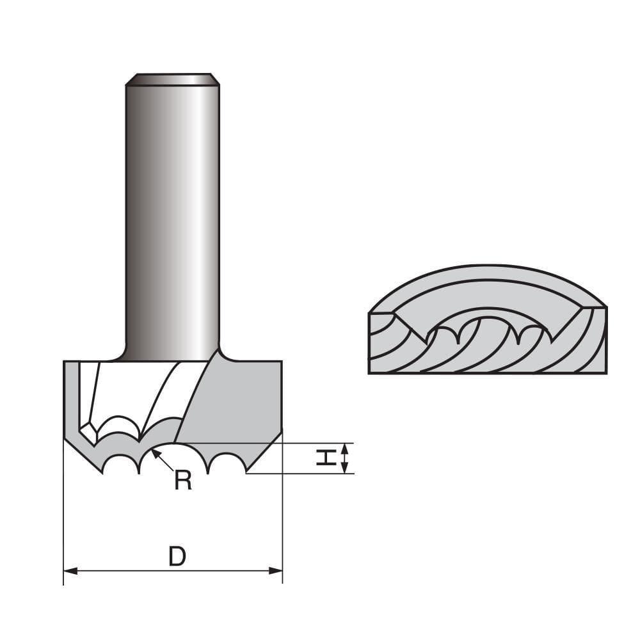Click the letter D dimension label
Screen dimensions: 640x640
click(x=177, y=557)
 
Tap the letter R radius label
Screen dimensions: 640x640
click(x=183, y=480)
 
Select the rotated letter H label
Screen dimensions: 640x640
click(x=327, y=458)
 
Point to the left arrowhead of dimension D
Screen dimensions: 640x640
click(x=69, y=570)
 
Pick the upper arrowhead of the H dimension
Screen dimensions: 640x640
click(x=346, y=447)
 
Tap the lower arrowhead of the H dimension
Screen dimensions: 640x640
click(x=346, y=469)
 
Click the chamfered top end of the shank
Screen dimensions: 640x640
click(x=173, y=79)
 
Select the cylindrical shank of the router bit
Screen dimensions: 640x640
click(x=173, y=218)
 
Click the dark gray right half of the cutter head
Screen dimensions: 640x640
click(x=237, y=397)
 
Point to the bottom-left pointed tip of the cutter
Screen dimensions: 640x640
click(x=103, y=472)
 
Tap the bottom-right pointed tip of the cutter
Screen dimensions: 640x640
click(x=246, y=473)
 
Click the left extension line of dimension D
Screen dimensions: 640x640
click(x=64, y=512)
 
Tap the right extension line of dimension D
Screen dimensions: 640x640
click(x=282, y=512)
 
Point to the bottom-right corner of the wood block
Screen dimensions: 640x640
click(x=605, y=373)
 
